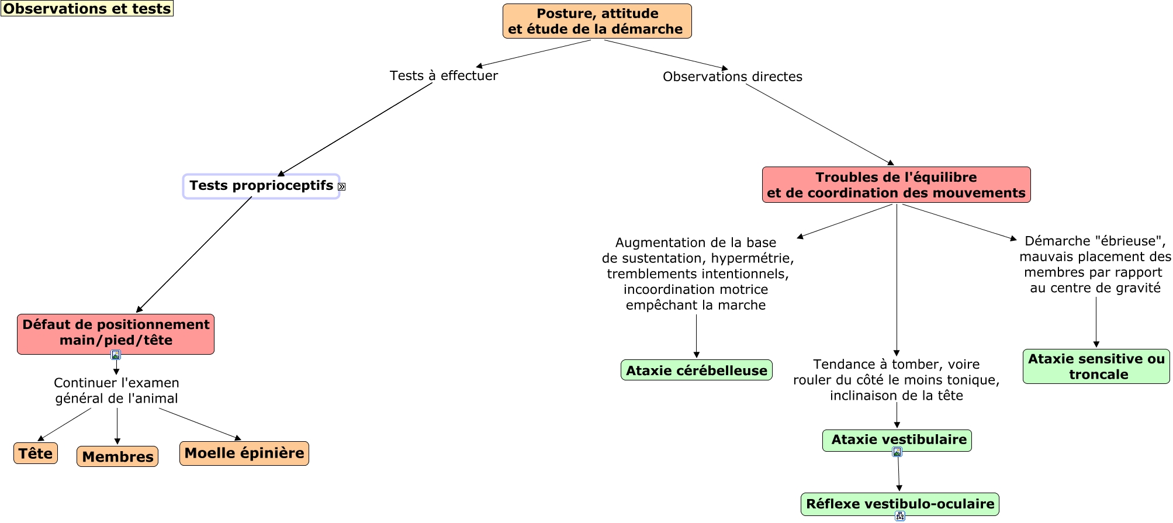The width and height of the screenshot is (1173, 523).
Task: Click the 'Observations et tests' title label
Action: [87, 9]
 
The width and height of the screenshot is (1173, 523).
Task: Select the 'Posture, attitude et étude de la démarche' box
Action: [597, 22]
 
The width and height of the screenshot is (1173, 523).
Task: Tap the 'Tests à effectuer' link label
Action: [444, 76]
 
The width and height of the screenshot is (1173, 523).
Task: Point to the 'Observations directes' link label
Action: [732, 77]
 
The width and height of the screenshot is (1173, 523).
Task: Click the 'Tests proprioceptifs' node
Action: [261, 186]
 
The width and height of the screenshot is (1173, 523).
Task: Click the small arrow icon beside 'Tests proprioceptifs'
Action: [342, 187]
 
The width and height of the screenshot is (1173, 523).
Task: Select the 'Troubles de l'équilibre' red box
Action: [895, 185]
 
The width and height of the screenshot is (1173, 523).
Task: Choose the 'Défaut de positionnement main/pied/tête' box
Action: [116, 333]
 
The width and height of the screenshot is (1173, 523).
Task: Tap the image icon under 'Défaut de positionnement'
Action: [116, 355]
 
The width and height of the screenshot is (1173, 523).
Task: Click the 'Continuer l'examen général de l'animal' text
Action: [116, 390]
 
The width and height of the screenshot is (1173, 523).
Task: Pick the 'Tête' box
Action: [36, 453]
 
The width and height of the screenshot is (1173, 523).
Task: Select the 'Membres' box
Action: [117, 457]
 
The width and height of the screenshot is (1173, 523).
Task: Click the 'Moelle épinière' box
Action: [244, 453]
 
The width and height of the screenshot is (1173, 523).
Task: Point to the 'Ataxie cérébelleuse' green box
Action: [696, 370]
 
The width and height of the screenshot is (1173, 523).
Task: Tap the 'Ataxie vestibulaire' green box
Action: [897, 440]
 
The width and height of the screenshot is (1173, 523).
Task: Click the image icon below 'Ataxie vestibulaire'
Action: [897, 452]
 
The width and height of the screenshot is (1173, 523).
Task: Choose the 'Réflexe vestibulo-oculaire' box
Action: [899, 504]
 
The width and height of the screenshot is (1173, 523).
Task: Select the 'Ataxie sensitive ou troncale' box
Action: [1096, 366]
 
